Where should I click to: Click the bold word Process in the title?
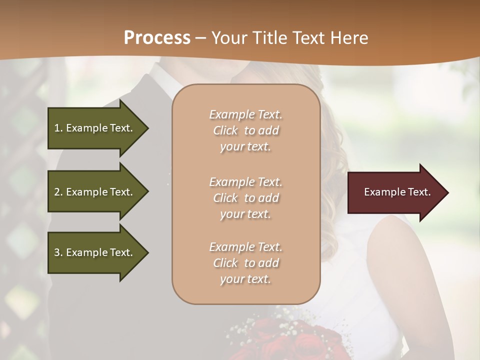(x=157, y=38)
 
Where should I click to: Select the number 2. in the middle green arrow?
(x=58, y=192)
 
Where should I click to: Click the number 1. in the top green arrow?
(x=58, y=128)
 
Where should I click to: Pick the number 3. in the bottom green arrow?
(x=58, y=252)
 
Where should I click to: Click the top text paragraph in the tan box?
(x=245, y=130)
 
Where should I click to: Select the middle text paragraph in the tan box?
(x=245, y=198)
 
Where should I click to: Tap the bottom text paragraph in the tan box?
(x=245, y=263)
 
